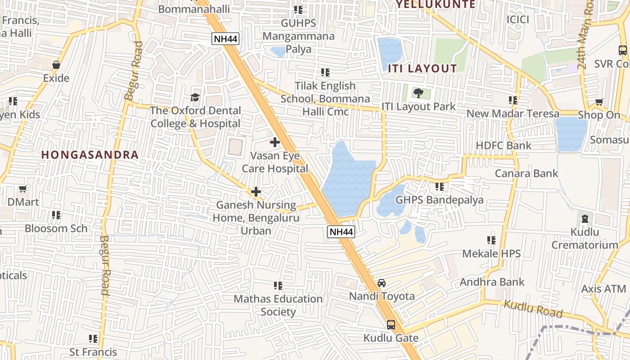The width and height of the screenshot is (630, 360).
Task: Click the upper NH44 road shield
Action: coord(225,39)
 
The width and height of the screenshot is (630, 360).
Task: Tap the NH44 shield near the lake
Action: coord(341,232)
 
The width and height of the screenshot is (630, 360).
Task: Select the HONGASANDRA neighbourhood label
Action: coord(90,154)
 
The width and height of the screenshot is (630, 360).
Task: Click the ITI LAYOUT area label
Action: coord(423,68)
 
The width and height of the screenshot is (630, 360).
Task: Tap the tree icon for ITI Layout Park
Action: coord(418,93)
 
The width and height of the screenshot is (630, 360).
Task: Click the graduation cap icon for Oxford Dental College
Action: coord(195,97)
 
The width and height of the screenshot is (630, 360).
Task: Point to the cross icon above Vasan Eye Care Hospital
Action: coord(274,142)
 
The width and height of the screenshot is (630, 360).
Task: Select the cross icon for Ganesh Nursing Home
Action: coord(256,192)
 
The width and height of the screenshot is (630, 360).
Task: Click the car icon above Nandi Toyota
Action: coord(382,283)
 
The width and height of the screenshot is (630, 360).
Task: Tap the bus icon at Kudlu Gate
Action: coord(391,324)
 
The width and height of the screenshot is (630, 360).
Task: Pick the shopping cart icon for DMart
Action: coord(23,189)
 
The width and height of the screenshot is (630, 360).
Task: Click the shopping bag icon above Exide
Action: coord(56,65)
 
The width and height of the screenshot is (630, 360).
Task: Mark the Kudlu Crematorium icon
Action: coord(585,219)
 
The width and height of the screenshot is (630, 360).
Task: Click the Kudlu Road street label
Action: coord(533,309)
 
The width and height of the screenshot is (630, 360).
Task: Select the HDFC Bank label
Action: coord(504,145)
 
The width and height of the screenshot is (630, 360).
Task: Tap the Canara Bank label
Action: coord(526,173)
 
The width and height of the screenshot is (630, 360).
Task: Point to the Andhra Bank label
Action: coord(492,282)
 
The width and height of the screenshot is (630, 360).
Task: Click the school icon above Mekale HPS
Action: coord(491,240)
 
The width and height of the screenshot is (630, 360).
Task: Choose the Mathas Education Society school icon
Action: coord(278,286)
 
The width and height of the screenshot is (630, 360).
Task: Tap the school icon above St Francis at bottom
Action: coord(93,338)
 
